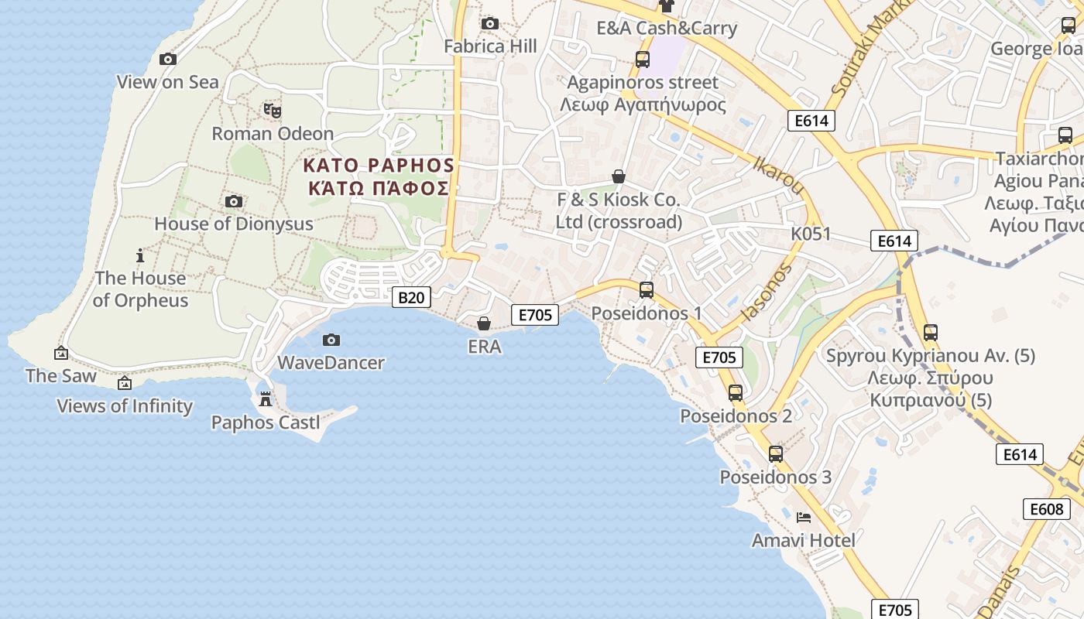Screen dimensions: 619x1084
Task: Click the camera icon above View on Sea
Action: pos(167,59)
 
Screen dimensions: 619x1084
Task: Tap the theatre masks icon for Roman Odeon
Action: pos(272,111)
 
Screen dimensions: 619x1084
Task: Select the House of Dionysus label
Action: pos(234,224)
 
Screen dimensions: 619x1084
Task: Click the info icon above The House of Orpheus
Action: pos(140,255)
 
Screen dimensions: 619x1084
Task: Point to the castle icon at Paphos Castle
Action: pos(266,399)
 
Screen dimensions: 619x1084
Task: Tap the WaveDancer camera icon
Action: pos(331,340)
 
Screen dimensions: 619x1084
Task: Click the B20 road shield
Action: pos(411,297)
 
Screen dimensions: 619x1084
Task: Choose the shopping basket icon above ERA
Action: pos(484,323)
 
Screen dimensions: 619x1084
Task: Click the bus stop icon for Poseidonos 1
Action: pos(647,290)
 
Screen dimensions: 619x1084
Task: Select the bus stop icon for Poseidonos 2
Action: pos(736,393)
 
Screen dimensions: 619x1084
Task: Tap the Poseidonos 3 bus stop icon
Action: pos(776,454)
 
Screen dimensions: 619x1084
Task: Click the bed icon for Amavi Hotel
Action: pos(804,517)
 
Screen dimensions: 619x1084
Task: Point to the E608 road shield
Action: pos(1046,508)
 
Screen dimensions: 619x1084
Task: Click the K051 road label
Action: pos(811,234)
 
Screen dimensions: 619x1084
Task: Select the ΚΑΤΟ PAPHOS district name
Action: pos(379,165)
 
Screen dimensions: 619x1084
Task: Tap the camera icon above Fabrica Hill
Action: pos(490,24)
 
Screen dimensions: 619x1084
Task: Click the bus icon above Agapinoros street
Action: pos(643,59)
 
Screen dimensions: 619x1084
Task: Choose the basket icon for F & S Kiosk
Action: pos(619,176)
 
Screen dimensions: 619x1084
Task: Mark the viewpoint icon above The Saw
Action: pos(61,354)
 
